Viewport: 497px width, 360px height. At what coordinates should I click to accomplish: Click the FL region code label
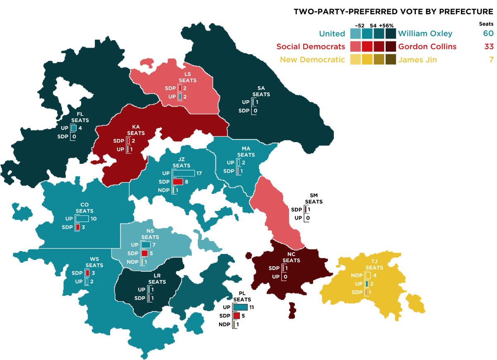click(80, 114)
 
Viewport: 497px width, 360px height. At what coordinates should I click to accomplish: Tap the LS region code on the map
click(188, 74)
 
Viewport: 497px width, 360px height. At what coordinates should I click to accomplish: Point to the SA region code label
click(261, 88)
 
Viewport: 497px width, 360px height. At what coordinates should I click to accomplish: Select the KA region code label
click(136, 127)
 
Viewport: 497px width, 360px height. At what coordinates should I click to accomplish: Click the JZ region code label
click(181, 159)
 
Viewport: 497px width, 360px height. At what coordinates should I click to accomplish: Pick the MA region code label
click(246, 148)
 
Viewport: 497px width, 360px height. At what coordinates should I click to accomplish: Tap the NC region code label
click(291, 254)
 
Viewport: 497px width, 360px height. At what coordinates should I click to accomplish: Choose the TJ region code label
click(374, 261)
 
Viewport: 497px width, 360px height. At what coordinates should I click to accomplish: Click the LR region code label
click(157, 275)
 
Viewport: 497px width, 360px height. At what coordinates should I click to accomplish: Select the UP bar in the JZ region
click(183, 173)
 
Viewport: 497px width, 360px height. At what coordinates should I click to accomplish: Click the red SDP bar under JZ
click(178, 182)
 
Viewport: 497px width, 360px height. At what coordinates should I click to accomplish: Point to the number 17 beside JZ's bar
click(199, 173)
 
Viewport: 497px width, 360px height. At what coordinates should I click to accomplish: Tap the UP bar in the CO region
click(82, 219)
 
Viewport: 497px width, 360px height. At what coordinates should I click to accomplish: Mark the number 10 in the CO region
click(93, 219)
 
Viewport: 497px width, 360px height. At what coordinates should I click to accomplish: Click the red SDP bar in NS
click(144, 254)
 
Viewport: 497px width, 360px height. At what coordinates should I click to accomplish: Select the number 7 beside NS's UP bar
click(154, 245)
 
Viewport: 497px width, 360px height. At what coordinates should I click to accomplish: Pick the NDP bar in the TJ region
click(368, 275)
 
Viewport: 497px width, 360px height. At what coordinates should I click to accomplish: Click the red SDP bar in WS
click(87, 273)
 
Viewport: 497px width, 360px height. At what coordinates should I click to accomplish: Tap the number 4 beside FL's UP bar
click(80, 128)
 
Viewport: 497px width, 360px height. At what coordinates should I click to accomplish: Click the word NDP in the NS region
click(133, 262)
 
